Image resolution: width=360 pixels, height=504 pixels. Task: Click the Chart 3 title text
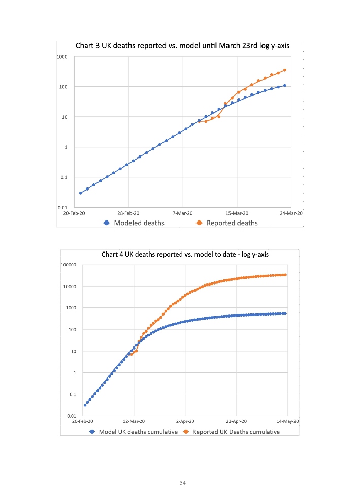click(182, 46)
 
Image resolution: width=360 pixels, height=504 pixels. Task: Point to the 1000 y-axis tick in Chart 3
click(62, 57)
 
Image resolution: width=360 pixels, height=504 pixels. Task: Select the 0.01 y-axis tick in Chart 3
click(62, 207)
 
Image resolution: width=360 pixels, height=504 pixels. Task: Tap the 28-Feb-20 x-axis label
click(128, 213)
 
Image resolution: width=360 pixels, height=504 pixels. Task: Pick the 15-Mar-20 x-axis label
click(237, 213)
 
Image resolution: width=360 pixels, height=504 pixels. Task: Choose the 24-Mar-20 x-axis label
click(292, 213)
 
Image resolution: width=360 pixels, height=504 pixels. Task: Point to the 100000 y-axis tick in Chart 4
click(69, 265)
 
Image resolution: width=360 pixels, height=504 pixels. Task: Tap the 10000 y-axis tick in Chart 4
click(70, 287)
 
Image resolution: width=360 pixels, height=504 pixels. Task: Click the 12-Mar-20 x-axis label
click(134, 422)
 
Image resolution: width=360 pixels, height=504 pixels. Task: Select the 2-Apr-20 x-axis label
click(185, 422)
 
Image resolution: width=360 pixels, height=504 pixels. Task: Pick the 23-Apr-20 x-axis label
click(236, 422)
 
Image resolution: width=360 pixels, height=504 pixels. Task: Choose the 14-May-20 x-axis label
click(288, 422)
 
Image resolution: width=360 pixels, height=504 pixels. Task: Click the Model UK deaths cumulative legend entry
click(133, 432)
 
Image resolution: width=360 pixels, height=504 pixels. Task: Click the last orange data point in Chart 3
click(285, 70)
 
